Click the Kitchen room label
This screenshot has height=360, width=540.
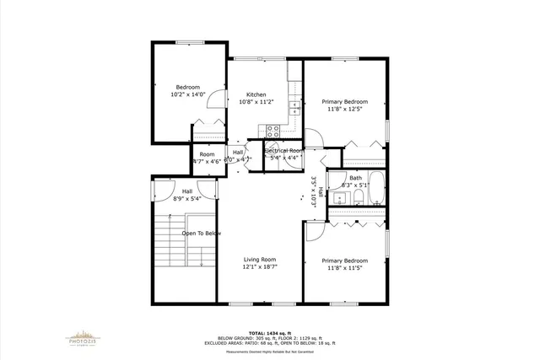tap(256, 94)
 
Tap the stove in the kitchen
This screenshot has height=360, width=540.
tap(273, 130)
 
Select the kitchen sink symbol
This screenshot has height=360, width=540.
tap(294, 108)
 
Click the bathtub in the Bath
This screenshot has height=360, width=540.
tap(377, 190)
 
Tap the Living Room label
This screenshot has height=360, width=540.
tap(260, 260)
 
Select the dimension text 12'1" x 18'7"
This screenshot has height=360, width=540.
tap(260, 267)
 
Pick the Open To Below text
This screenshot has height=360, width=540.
tap(201, 234)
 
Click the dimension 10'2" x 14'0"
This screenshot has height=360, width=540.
tap(187, 95)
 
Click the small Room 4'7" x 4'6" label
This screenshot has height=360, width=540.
tap(207, 158)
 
